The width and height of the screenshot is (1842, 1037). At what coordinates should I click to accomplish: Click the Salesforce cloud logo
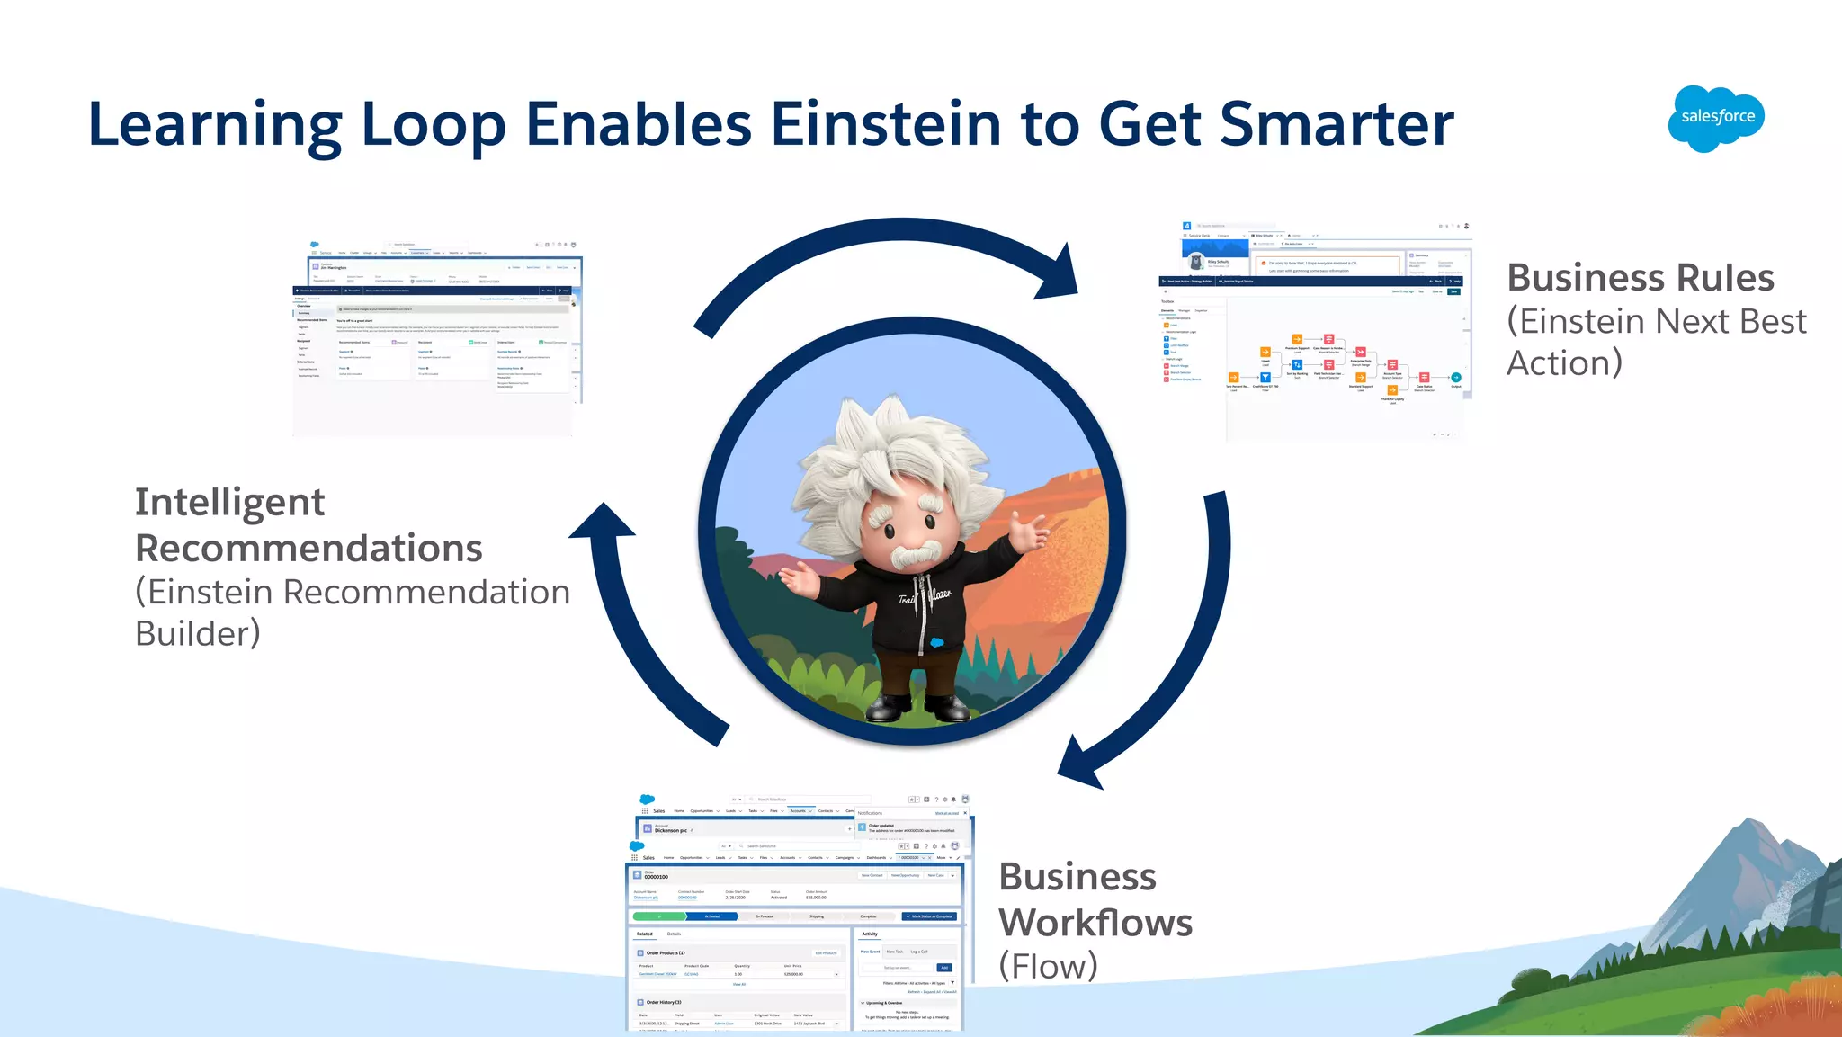pos(1716,118)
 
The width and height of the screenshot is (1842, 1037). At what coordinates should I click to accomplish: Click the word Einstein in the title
pos(885,123)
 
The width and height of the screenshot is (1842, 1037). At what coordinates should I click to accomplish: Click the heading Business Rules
pos(1641,278)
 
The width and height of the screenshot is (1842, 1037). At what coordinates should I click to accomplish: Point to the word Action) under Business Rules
pos(1565,363)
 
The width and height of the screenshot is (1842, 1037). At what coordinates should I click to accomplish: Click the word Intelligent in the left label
pos(229,503)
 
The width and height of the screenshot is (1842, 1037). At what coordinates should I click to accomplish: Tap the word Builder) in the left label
pos(198,634)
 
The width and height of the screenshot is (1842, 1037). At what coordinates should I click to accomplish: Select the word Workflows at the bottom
pos(1095,923)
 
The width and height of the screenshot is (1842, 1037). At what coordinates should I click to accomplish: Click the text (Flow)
pos(1049,967)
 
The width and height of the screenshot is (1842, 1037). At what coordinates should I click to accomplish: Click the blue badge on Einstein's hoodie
pos(937,642)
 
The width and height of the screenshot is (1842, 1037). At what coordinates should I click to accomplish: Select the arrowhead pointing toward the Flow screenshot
pos(1083,764)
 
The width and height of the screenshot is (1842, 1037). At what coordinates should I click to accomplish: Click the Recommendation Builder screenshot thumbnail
pos(437,337)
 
